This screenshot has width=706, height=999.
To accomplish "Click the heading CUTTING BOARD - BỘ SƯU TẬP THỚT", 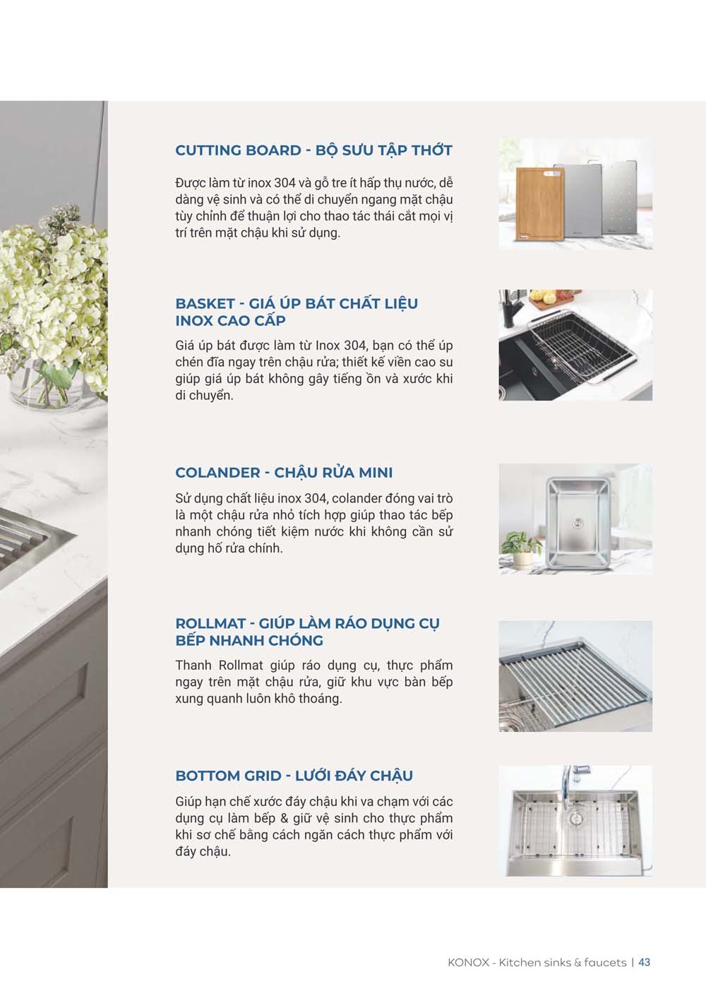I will click(x=313, y=150).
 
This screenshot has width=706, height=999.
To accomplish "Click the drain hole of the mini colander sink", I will click(x=578, y=523).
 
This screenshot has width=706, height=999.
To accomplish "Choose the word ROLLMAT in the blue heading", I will click(x=210, y=624).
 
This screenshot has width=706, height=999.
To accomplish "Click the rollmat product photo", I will click(x=575, y=676).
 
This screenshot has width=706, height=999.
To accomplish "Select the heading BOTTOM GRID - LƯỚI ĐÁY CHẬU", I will click(x=294, y=776).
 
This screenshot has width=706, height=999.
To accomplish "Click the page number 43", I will click(x=644, y=962).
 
